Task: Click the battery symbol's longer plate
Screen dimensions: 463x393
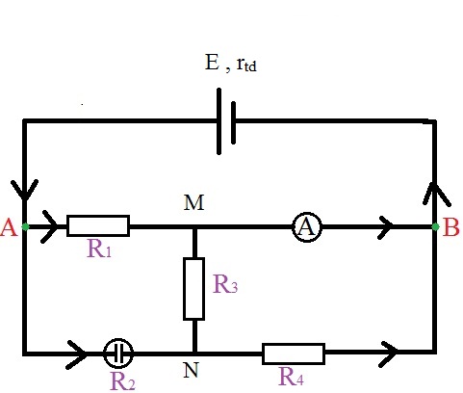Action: coord(219,121)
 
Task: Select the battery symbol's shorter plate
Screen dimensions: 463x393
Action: coord(233,122)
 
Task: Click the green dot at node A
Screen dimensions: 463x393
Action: coord(25,227)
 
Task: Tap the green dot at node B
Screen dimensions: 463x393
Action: coord(435,227)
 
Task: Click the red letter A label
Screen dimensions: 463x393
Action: coord(9,228)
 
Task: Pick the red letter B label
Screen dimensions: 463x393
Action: coord(450,227)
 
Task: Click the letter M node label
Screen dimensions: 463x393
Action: coord(194,203)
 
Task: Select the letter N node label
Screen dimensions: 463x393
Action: coord(191,370)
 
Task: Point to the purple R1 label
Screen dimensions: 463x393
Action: coord(99,249)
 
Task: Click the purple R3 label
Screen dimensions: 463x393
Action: coord(225,284)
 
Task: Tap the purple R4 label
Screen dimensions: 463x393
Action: coord(291,377)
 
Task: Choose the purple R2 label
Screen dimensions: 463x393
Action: coord(122,381)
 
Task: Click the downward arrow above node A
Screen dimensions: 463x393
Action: coord(24,190)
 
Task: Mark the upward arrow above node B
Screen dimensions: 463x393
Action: coord(437,195)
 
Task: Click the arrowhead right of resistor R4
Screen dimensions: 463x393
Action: coord(388,354)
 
